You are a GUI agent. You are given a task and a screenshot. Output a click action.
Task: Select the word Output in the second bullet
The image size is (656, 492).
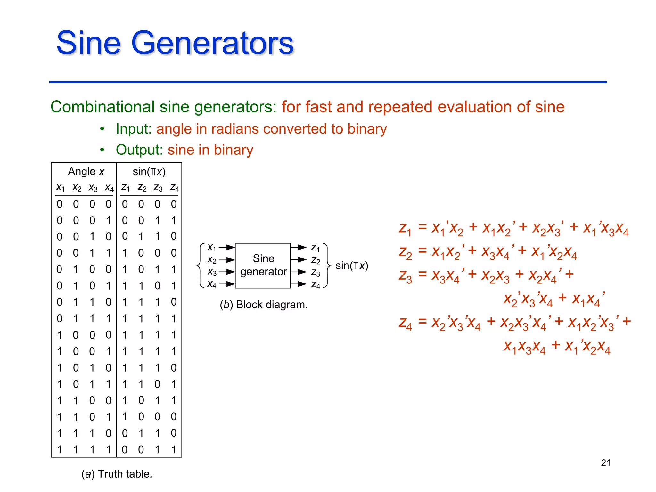(x=140, y=150)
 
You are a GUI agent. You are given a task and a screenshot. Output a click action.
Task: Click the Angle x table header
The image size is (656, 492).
(x=86, y=172)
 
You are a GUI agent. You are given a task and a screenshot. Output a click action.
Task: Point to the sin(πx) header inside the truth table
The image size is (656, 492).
(x=149, y=172)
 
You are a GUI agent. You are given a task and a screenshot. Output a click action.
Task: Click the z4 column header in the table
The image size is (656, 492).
(x=174, y=187)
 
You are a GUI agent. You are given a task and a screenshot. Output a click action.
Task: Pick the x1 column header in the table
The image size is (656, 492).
(x=60, y=187)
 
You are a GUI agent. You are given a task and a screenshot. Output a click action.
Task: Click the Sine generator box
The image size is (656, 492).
(x=263, y=265)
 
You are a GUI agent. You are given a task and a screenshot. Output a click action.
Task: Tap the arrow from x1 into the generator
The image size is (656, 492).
(x=227, y=247)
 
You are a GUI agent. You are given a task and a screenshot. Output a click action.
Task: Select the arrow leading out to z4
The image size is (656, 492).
(x=299, y=284)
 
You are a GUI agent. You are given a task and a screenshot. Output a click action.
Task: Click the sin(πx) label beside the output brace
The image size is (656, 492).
(x=352, y=266)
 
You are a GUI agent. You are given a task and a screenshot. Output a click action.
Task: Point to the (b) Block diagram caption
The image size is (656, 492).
(x=264, y=305)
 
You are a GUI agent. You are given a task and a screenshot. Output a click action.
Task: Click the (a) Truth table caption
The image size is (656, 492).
(x=117, y=474)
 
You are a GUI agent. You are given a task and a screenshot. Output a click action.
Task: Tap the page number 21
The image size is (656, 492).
(x=605, y=463)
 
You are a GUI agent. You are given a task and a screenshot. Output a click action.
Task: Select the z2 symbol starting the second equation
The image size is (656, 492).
(x=405, y=252)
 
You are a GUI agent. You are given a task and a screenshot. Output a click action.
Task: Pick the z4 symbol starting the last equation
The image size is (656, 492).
(x=405, y=323)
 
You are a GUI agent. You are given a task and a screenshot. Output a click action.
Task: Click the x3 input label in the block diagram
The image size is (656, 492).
(x=212, y=272)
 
